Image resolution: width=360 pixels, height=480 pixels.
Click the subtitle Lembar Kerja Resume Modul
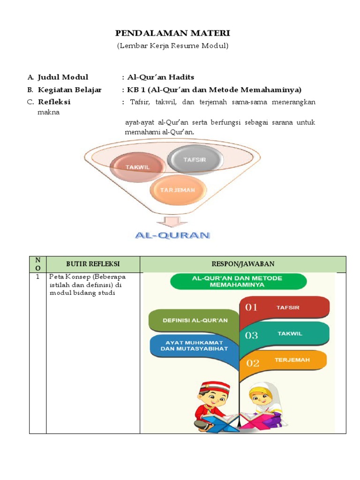click(172, 46)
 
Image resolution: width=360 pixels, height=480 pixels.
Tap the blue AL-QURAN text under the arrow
click(172, 235)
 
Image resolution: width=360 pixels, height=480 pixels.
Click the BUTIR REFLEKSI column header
click(93, 264)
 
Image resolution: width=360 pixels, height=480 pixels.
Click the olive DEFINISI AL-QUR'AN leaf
click(194, 321)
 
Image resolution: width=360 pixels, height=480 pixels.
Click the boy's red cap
click(214, 387)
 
